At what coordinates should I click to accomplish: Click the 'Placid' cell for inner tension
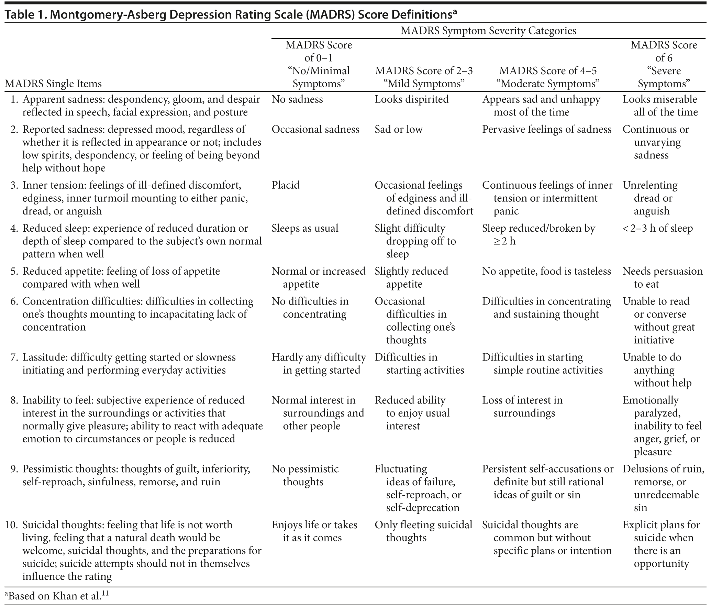coord(286,185)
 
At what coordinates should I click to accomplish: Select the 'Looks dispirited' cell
coord(412,99)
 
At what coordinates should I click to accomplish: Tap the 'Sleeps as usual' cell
coord(305,228)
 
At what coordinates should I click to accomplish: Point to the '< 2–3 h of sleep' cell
coord(658,228)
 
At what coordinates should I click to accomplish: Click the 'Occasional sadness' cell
coord(315,129)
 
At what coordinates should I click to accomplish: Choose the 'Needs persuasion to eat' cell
coord(662,277)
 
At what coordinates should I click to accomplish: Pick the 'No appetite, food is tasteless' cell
coord(546,271)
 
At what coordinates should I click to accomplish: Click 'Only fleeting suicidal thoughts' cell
coord(423,531)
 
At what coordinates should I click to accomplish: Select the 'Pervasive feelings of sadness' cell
coord(547,129)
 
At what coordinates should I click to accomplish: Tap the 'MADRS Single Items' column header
coord(53,84)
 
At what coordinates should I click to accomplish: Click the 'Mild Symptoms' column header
coord(424,77)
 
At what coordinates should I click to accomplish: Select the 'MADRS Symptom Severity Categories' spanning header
coord(488,31)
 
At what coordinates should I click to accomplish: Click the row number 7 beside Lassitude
coord(14,357)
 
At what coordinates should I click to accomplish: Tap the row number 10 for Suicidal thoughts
coord(12,525)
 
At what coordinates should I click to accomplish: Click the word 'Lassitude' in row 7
coord(44,357)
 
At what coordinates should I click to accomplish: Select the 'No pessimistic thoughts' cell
coord(305,475)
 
